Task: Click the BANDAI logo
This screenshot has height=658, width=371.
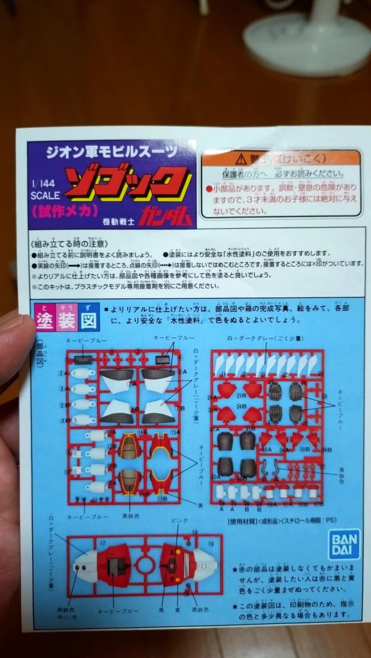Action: [343, 544]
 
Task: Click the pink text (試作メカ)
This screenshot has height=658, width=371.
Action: [61, 210]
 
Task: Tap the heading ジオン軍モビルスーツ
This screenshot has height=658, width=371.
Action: [111, 153]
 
